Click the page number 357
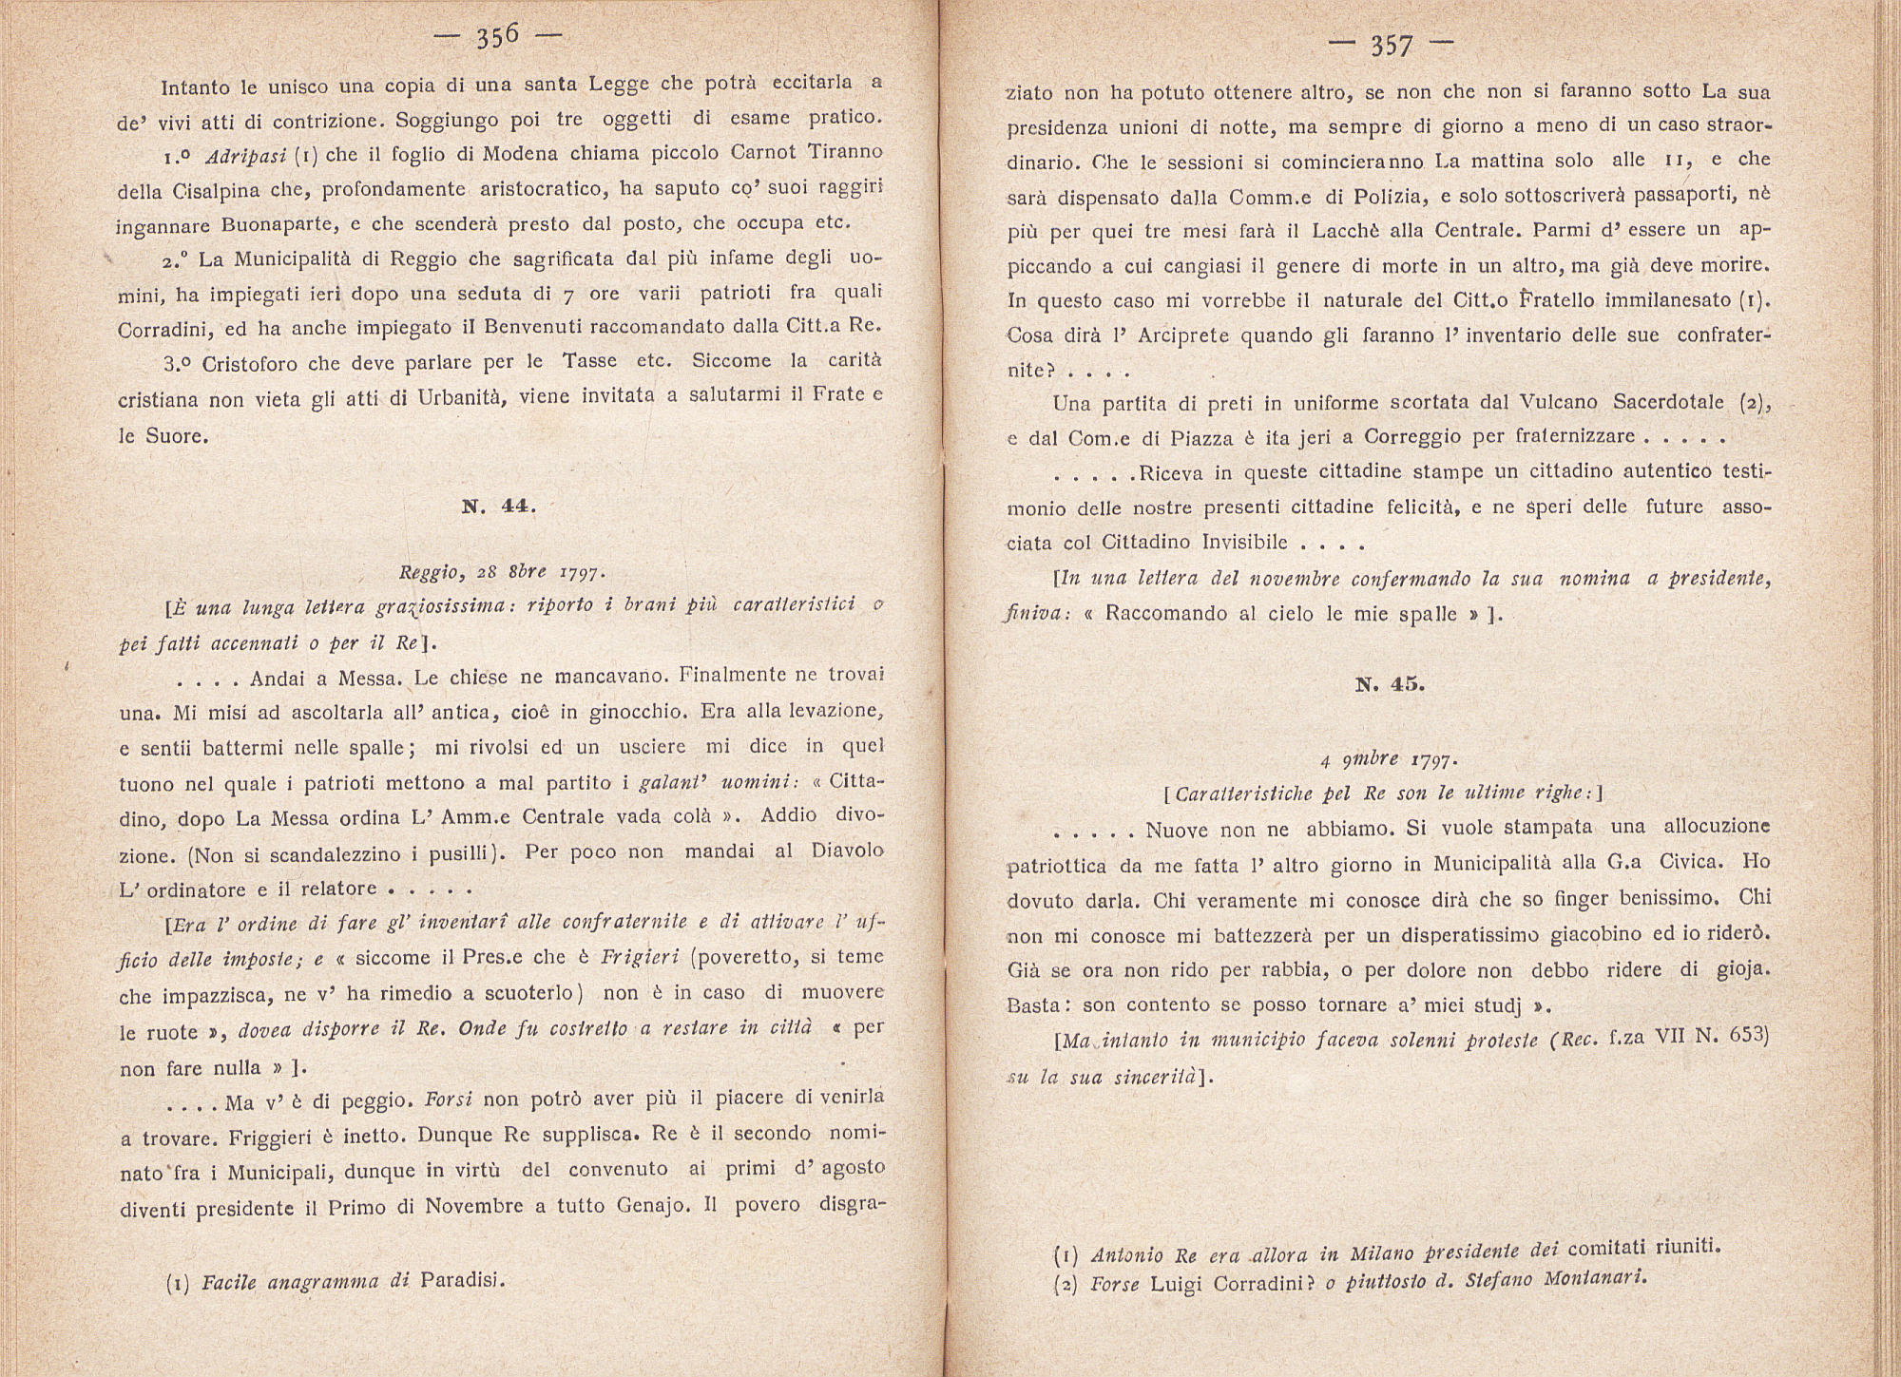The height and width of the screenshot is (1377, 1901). [1392, 45]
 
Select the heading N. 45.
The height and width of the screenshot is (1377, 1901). [1390, 683]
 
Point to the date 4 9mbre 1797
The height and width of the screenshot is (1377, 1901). [1388, 759]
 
